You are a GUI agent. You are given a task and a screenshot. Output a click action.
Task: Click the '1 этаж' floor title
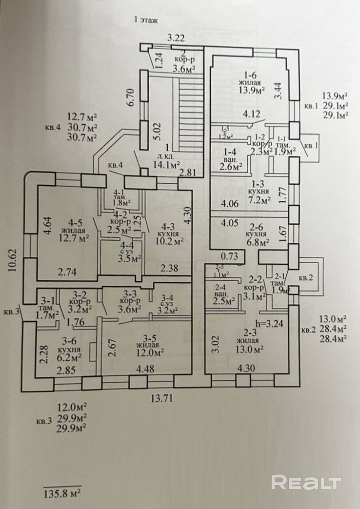146,20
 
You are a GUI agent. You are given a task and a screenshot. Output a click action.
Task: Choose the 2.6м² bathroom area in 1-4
231,167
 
